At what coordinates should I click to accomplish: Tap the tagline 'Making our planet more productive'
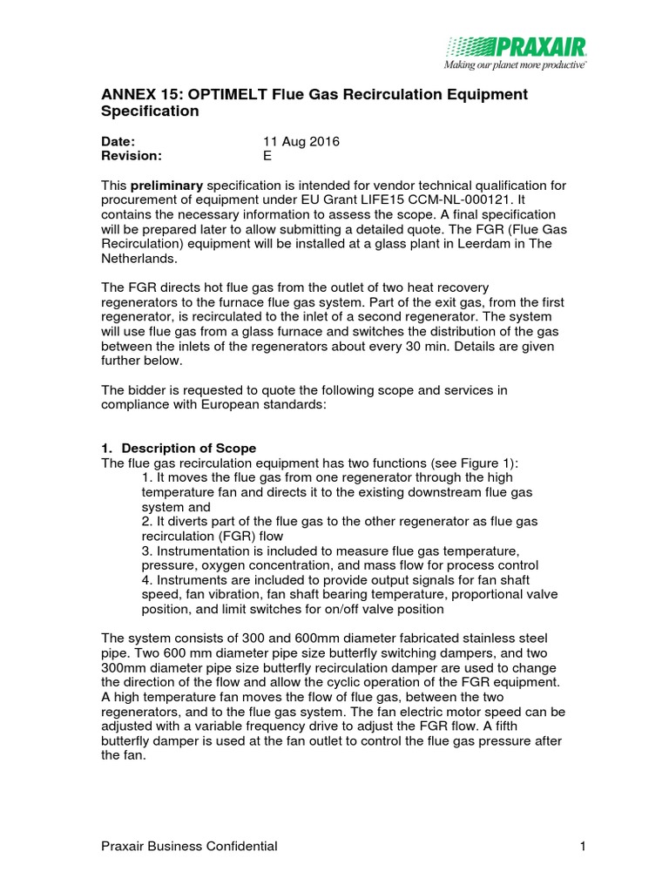tap(515, 64)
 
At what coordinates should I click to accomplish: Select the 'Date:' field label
tap(119, 141)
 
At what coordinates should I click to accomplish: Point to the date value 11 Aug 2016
tap(301, 141)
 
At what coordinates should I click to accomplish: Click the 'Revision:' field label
tap(132, 156)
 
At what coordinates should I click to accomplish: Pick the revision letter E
tap(267, 156)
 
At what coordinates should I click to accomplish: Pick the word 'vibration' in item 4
tap(230, 596)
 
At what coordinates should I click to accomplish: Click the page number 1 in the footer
tap(580, 846)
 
